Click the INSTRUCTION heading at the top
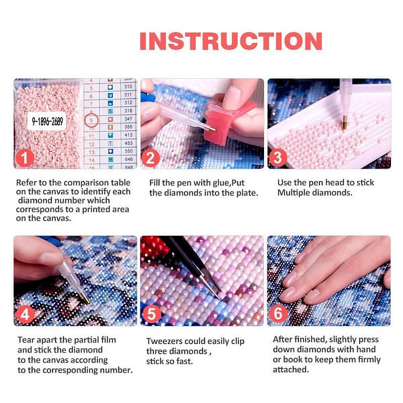click(231, 41)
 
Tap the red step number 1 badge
click(25, 158)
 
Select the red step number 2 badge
click(150, 158)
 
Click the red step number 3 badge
click(278, 158)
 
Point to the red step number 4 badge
click(25, 315)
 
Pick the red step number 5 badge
click(151, 315)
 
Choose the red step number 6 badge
click(278, 314)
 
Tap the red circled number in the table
click(92, 120)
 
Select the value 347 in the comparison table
click(128, 120)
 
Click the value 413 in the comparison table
click(128, 135)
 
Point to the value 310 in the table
click(128, 87)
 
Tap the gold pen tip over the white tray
click(345, 123)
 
